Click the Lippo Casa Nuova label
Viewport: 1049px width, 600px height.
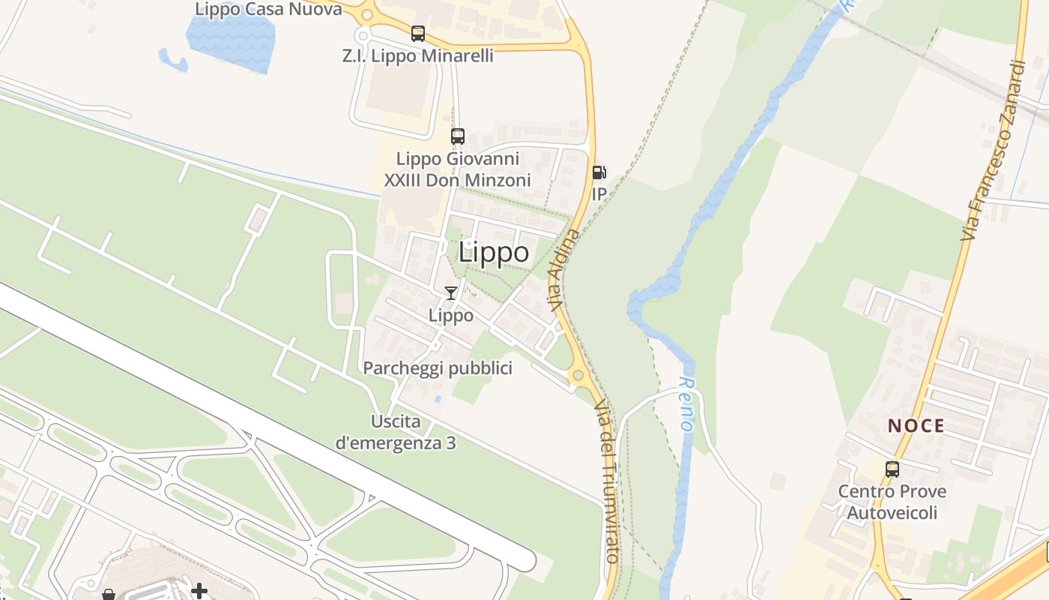point(268,9)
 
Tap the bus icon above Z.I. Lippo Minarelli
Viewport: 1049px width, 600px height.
point(418,34)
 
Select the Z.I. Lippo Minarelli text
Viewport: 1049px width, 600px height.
point(418,55)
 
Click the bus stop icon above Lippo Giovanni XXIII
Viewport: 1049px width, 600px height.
point(458,136)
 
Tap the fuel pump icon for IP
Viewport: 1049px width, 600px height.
point(598,173)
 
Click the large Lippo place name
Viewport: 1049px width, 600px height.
point(494,252)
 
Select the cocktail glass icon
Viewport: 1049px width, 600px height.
point(451,293)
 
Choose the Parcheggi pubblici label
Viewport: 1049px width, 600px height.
point(438,368)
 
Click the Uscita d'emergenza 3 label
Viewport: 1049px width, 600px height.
point(396,432)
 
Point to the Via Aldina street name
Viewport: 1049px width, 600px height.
point(564,271)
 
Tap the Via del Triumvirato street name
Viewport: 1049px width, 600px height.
point(606,481)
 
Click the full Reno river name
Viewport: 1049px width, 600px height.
point(686,403)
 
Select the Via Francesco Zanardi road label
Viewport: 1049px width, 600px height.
point(993,150)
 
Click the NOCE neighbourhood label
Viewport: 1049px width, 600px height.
point(916,426)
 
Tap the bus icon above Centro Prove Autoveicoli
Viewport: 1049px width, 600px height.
point(892,469)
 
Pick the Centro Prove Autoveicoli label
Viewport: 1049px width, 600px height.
point(892,502)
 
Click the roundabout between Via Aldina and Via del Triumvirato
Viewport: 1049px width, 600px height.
point(577,375)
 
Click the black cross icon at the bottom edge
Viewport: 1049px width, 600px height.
point(199,592)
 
